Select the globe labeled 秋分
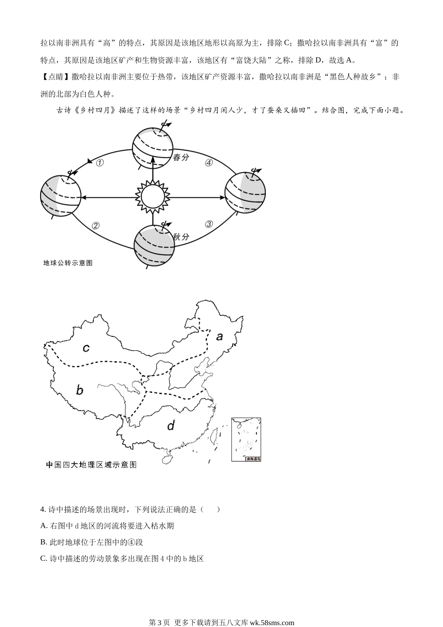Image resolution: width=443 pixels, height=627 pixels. pos(154,245)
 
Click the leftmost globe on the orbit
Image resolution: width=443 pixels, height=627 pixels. pos(61,196)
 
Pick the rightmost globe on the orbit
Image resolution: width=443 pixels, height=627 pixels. pos(245,192)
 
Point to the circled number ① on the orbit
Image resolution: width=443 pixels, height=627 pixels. pos(99,163)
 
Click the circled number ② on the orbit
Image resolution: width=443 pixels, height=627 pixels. pos(96,225)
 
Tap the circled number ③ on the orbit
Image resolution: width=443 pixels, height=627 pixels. pos(209,224)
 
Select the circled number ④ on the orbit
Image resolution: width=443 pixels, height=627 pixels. pos(209,163)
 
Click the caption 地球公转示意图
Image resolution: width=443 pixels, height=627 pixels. pos(68,263)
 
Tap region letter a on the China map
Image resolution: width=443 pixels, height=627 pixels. pos(219,336)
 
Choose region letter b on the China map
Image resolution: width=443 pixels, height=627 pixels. pos(80,390)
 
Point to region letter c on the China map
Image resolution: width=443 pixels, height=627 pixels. pos(86,348)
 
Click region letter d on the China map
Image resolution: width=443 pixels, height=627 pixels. pos(171,425)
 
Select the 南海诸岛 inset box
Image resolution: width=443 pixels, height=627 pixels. pos(246,439)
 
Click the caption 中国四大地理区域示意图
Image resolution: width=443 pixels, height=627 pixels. pos(91,465)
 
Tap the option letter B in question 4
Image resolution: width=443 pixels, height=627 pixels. pos(44,542)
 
